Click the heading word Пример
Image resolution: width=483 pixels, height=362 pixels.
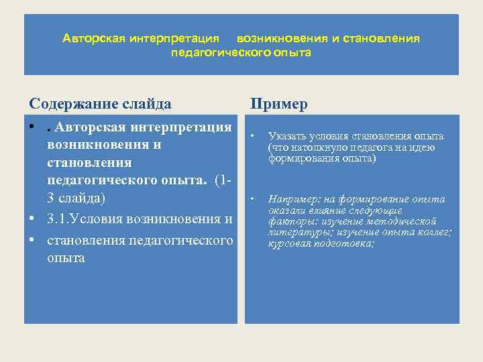click(x=278, y=104)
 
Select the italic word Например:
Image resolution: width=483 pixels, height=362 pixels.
click(x=293, y=199)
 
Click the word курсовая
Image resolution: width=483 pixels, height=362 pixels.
click(x=289, y=243)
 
